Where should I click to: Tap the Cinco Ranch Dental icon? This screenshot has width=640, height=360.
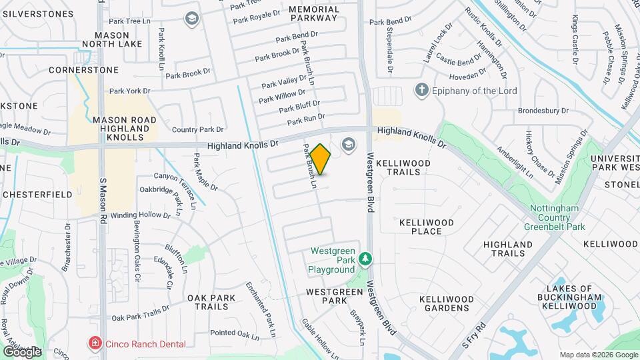95,343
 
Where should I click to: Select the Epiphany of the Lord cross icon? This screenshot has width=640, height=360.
421,89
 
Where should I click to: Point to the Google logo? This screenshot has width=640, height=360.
22,351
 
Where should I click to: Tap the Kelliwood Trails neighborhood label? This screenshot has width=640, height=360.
403,167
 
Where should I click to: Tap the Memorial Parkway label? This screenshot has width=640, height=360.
314,14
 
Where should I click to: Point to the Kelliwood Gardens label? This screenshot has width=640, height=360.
446,303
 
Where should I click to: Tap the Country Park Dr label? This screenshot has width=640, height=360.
197,129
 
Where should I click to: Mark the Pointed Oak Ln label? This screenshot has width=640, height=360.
234,333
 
